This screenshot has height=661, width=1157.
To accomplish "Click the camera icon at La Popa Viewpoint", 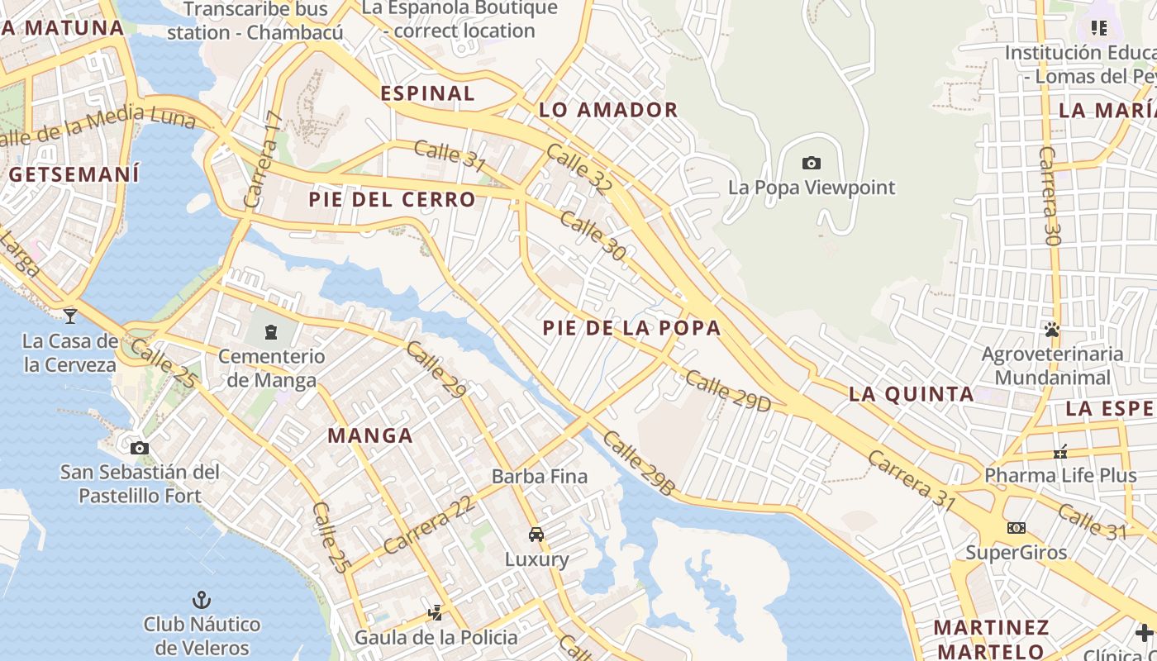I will pyautogui.click(x=812, y=164).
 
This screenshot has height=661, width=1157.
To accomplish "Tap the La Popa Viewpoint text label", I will pyautogui.click(x=811, y=188).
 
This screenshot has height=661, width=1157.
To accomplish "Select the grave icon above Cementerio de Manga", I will pyautogui.click(x=270, y=332).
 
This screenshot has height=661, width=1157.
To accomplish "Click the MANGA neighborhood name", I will pyautogui.click(x=369, y=435).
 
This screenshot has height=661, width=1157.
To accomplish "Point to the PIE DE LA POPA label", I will pyautogui.click(x=631, y=328).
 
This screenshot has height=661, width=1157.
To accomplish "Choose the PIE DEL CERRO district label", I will pyautogui.click(x=392, y=199).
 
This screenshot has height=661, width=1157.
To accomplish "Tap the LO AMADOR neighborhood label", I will pyautogui.click(x=608, y=110).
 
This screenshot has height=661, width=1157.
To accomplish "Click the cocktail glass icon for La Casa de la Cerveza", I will pyautogui.click(x=70, y=316).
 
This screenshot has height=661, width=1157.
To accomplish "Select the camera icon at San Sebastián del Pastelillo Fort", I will pyautogui.click(x=140, y=448).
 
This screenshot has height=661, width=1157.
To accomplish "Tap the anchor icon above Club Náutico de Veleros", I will pyautogui.click(x=201, y=599).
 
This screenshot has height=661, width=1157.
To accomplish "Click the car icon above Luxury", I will pyautogui.click(x=536, y=535).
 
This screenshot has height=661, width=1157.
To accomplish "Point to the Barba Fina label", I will pyautogui.click(x=540, y=477).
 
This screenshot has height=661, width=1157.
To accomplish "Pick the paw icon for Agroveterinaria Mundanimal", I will pyautogui.click(x=1051, y=330).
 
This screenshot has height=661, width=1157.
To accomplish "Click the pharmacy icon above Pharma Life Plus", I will pyautogui.click(x=1060, y=452).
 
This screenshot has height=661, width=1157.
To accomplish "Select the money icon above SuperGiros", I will pyautogui.click(x=1017, y=527).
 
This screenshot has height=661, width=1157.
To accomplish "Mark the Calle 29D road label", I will pyautogui.click(x=727, y=392).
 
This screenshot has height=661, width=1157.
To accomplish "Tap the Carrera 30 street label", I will pyautogui.click(x=1050, y=196).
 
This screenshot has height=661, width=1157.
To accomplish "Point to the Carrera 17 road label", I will pyautogui.click(x=264, y=159).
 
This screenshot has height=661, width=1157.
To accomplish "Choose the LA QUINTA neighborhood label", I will pyautogui.click(x=912, y=394).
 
